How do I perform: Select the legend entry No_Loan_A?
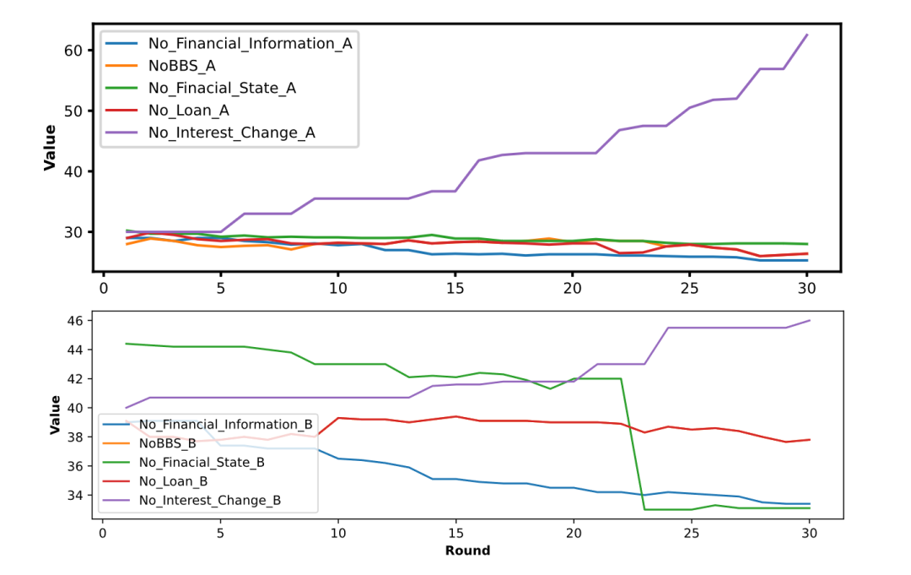pyautogui.click(x=188, y=110)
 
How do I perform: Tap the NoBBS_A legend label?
pyautogui.click(x=181, y=65)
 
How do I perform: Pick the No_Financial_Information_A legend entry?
pyautogui.click(x=250, y=43)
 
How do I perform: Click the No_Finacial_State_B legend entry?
pyautogui.click(x=202, y=462)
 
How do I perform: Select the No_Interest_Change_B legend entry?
pyautogui.click(x=209, y=500)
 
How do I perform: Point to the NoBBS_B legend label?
pyautogui.click(x=167, y=442)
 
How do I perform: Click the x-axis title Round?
pyautogui.click(x=468, y=551)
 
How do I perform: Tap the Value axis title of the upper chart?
pyautogui.click(x=50, y=148)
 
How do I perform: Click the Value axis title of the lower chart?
pyautogui.click(x=55, y=415)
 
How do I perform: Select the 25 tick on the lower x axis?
pyautogui.click(x=690, y=533)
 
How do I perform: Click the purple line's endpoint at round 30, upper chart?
pyautogui.click(x=806, y=35)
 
